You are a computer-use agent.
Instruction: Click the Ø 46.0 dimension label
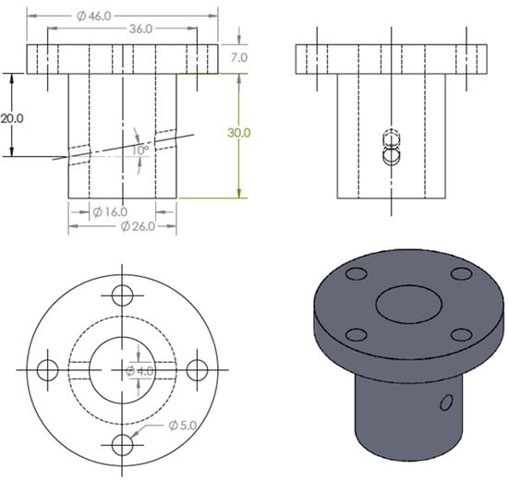coord(94,16)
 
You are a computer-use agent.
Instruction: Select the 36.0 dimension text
coord(140,29)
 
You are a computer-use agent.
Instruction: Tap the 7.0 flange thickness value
coord(239,57)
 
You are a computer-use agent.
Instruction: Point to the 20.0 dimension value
coord(12,118)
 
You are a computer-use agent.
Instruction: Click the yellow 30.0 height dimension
coord(239,133)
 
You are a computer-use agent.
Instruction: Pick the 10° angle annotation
coord(140,150)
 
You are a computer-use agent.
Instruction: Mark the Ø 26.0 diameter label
coord(138,226)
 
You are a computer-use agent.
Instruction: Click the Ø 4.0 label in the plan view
coord(139,371)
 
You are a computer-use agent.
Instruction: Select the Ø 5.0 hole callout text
coord(183,426)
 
